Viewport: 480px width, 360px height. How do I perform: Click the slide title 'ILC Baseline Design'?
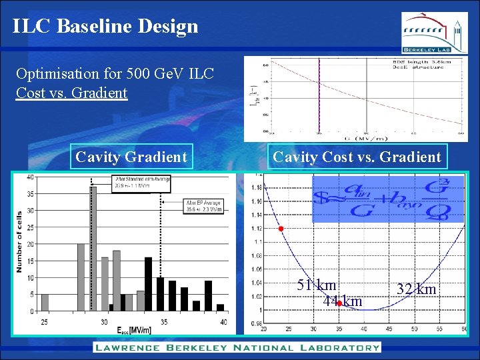[105, 26]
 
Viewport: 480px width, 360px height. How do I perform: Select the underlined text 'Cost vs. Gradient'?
[71, 93]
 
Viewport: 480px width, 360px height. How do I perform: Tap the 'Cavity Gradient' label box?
[131, 157]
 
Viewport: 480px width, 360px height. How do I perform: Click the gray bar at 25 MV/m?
[45, 302]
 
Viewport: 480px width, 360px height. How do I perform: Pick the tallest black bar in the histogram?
[148, 283]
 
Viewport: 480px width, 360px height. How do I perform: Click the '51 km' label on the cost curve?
[317, 285]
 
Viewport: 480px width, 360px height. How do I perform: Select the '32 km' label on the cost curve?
[416, 289]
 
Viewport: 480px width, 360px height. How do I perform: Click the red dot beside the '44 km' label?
[339, 303]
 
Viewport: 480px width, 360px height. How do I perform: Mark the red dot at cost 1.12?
[281, 229]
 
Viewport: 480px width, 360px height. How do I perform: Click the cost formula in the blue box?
[379, 200]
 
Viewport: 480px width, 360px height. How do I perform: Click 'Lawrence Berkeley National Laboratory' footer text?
[237, 347]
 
